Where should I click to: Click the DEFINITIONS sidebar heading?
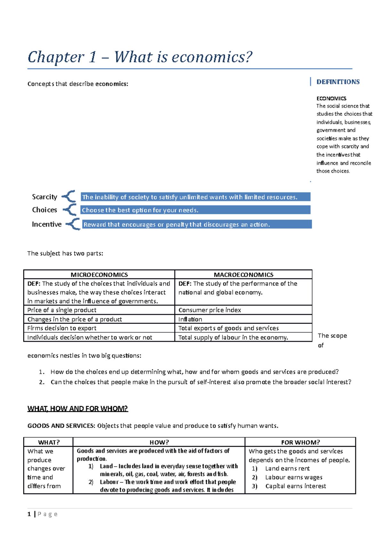click(338, 82)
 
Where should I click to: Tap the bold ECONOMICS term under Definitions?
click(331, 98)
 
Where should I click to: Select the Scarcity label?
click(44, 197)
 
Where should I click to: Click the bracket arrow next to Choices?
click(70, 210)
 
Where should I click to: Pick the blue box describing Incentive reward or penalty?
click(197, 224)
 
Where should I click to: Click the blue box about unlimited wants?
click(195, 197)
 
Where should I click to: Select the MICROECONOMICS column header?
click(99, 275)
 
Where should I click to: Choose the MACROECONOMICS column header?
click(244, 275)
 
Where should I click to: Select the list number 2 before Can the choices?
click(42, 382)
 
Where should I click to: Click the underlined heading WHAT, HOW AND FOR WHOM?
click(78, 409)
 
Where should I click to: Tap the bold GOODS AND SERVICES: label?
click(61, 426)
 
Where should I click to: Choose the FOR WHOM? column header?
click(300, 442)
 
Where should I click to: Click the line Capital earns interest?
click(295, 486)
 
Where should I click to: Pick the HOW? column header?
click(159, 442)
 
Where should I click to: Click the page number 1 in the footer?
click(29, 514)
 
